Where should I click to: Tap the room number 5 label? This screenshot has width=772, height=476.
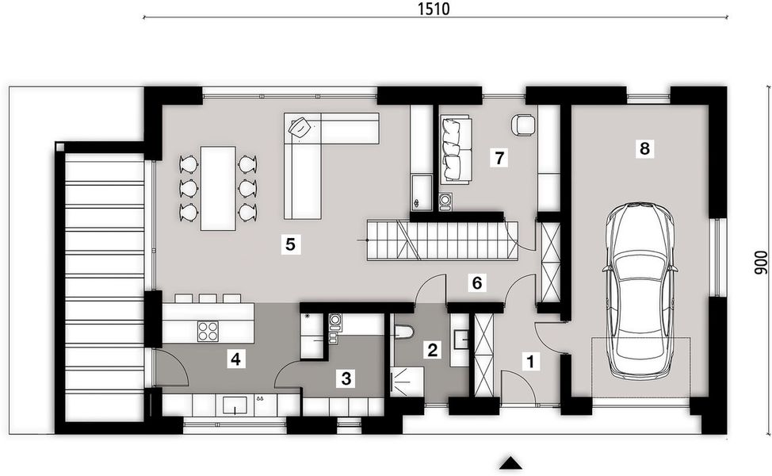coord(291,244)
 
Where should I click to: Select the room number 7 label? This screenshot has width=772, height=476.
coord(499,158)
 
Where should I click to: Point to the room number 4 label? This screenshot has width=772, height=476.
coord(235,359)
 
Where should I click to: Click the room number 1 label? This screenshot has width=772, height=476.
coord(530,361)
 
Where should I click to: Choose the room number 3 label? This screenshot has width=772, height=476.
coord(346,378)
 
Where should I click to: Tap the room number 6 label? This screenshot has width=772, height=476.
coord(476,282)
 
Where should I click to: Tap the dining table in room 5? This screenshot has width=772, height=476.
coord(218,188)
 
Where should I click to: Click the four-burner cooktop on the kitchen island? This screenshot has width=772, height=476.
coord(208,330)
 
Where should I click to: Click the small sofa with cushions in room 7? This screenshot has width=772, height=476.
coord(455,150)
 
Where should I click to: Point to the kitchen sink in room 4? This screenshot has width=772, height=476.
coord(235,405)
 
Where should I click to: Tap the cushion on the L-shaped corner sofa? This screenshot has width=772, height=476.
coord(302,128)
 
